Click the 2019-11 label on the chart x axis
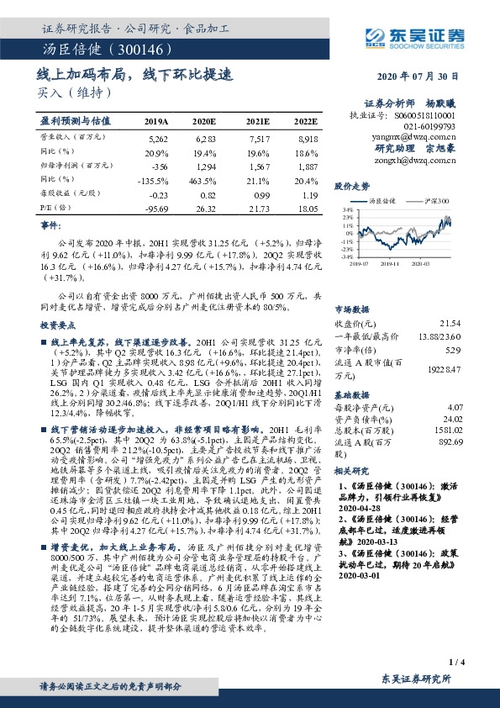[393, 263]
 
